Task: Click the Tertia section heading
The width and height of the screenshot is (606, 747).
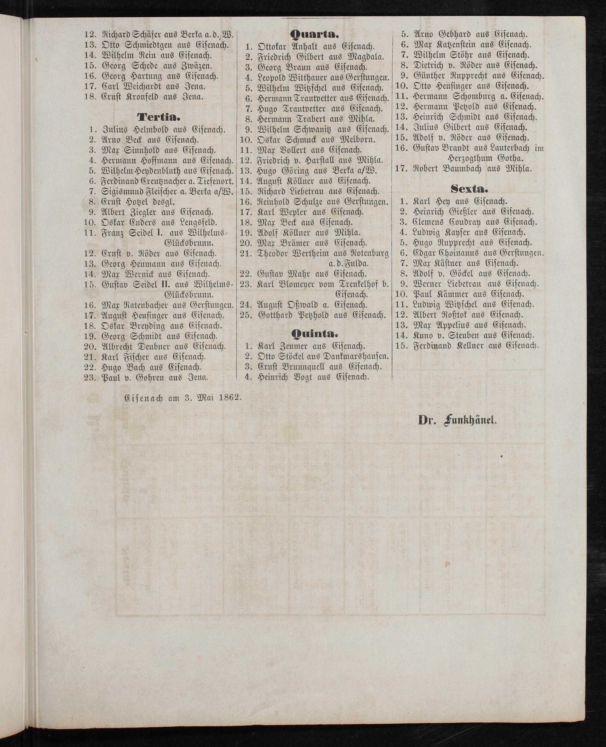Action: [159, 116]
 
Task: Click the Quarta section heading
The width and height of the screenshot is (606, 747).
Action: [314, 34]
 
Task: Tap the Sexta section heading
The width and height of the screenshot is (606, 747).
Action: [469, 189]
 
